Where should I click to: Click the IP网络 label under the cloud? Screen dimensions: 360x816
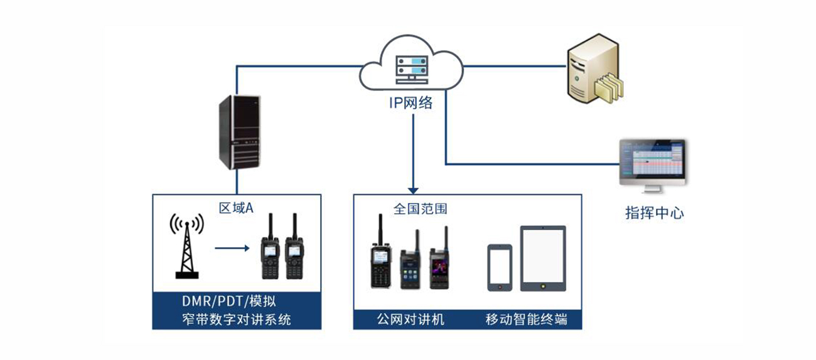412,102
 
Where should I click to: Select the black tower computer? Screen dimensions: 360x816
238,132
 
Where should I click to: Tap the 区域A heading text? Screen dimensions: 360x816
235,208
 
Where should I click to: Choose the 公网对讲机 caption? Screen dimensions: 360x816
411,319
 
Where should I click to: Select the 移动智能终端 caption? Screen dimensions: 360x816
526,319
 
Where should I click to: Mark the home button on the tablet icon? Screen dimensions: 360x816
543,285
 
